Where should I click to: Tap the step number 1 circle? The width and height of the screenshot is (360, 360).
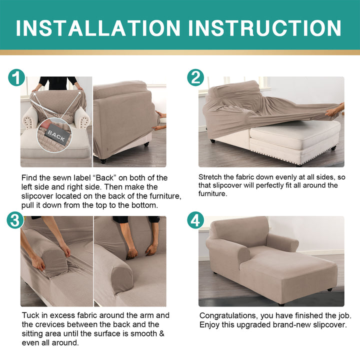point(16,77)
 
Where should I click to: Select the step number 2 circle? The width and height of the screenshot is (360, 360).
point(195,77)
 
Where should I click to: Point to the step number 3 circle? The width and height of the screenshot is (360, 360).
point(15,220)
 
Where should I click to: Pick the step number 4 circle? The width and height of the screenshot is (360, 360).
point(195,220)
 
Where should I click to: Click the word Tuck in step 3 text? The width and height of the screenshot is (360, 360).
point(30,315)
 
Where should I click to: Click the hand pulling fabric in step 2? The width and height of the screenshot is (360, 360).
point(334,110)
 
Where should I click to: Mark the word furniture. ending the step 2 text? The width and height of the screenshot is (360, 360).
point(213,194)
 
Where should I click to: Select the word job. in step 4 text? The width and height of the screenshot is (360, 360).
point(345,316)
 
